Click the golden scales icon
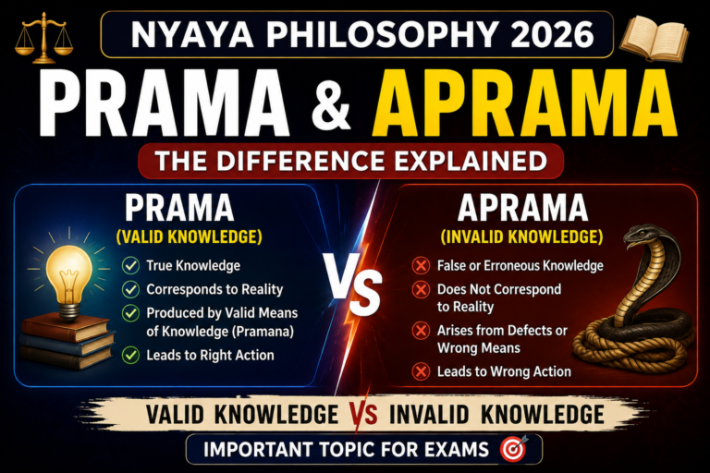click(x=44, y=38)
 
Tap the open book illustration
click(x=654, y=38)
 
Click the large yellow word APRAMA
click(x=524, y=103)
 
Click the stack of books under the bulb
click(x=67, y=342)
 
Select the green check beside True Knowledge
click(x=130, y=266)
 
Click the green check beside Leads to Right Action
click(x=130, y=356)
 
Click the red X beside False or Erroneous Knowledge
click(x=421, y=266)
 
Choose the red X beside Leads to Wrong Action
click(x=421, y=371)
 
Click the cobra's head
click(x=643, y=237)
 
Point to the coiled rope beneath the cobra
click(x=634, y=348)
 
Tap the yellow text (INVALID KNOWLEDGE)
click(x=522, y=236)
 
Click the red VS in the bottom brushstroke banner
click(x=363, y=414)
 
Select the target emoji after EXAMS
click(x=514, y=449)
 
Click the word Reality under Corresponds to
click(x=466, y=307)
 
